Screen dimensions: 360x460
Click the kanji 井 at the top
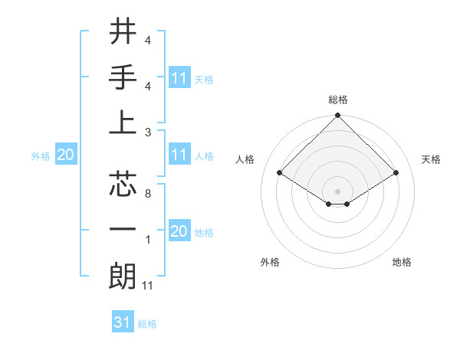pos(122,33)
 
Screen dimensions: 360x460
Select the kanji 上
pos(122,123)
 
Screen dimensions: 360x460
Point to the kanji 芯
pos(122,185)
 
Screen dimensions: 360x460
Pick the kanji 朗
pos(122,276)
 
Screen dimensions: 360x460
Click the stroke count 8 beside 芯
pos(147,195)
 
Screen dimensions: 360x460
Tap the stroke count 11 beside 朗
pos(149,286)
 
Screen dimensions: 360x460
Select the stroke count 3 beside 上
pos(147,132)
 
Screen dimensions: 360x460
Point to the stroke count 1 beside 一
pos(147,240)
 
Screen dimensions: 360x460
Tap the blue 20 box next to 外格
pos(65,155)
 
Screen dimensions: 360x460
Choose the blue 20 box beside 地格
pos(179,231)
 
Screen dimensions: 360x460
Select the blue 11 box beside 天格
pos(179,78)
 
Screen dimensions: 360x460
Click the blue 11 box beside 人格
pos(179,155)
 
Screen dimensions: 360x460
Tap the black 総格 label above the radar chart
pos(338,100)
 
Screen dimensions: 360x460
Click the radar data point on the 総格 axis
pos(337,116)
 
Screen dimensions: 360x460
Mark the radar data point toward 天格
pos(396,174)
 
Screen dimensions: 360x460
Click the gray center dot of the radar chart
pos(337,190)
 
